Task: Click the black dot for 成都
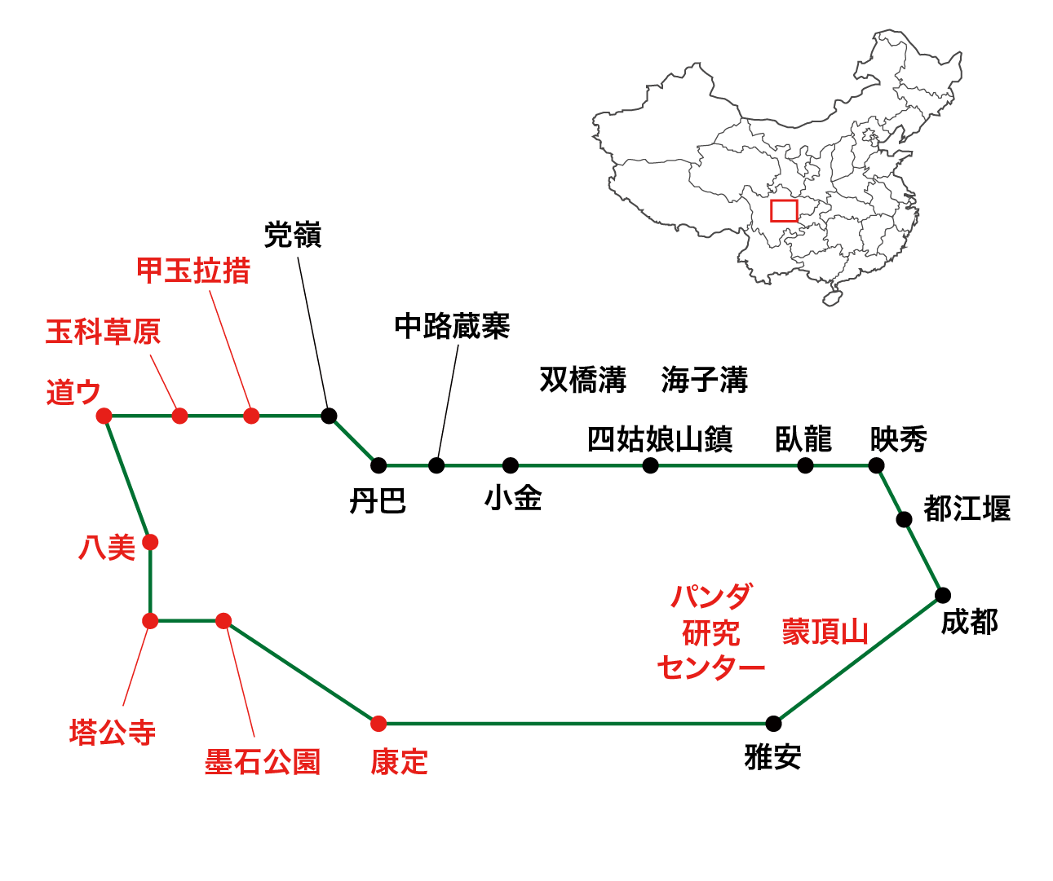click(943, 595)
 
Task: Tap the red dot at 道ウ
click(104, 416)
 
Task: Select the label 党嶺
click(293, 236)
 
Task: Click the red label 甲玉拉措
click(193, 271)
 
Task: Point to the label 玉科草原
click(103, 332)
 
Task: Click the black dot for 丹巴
click(378, 465)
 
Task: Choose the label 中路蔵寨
click(452, 326)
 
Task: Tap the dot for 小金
click(511, 465)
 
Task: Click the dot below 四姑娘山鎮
click(650, 465)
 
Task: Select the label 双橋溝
click(582, 380)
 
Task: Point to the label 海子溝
click(704, 380)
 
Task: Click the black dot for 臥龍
click(805, 465)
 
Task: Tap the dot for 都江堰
click(904, 519)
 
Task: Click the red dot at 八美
click(150, 542)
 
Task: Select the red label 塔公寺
click(113, 732)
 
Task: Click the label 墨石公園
click(262, 762)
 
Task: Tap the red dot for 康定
click(378, 723)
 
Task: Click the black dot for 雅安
click(773, 723)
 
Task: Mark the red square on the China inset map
click(784, 211)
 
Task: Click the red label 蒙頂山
click(825, 632)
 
